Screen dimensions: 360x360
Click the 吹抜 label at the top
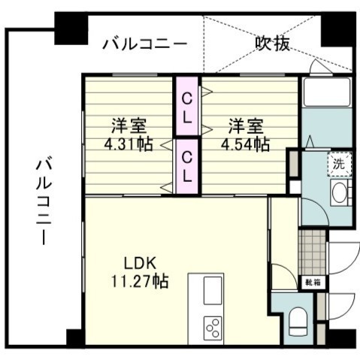272,44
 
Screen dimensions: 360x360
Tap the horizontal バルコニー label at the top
144,44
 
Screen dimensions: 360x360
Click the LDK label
140,265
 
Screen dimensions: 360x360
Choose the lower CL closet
188,165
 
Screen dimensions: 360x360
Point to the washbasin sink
339,192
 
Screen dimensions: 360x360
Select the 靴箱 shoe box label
311,283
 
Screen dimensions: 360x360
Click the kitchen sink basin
213,290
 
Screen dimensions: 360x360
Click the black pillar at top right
334,29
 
